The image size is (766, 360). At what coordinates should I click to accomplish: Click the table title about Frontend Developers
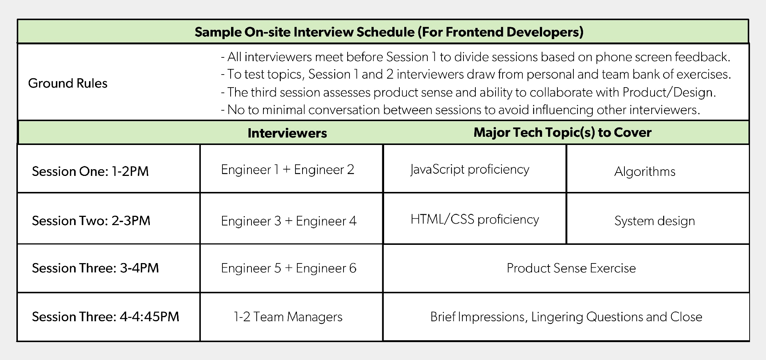point(389,32)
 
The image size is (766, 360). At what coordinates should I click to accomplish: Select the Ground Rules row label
point(68,83)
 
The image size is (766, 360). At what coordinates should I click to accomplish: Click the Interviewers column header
point(287,133)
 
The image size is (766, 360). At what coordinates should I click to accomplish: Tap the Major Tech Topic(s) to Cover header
point(562,132)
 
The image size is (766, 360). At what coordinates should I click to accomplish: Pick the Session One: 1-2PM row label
point(90,171)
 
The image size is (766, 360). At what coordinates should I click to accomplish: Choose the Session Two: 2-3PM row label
point(91,221)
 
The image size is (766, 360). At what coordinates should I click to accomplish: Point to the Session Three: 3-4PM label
point(95,268)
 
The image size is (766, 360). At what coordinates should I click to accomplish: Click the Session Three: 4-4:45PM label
point(106,317)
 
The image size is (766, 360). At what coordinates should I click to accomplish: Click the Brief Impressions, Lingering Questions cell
point(566,317)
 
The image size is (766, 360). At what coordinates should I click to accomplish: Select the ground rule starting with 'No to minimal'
point(460,110)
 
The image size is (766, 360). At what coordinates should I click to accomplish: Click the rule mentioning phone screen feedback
point(475,57)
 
